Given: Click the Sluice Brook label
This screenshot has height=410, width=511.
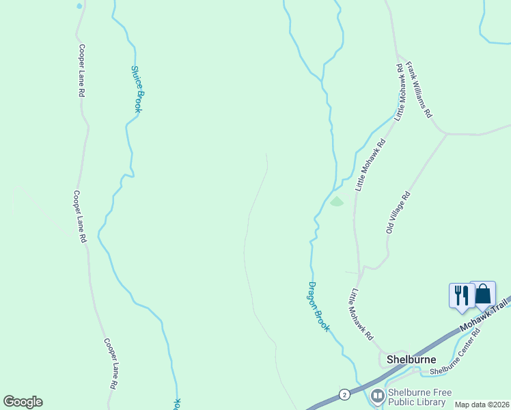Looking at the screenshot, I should click(x=136, y=89).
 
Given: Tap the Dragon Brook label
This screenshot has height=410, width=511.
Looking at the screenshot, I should click(x=318, y=307).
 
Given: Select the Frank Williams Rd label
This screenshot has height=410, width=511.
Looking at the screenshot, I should click(x=419, y=90).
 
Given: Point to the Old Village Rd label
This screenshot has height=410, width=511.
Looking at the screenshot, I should click(x=398, y=213).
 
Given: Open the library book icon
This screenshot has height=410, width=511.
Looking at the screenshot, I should click(x=377, y=396).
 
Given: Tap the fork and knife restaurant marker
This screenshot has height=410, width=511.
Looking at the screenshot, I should click(x=460, y=295).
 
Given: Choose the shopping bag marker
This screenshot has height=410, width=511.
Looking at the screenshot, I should click(x=483, y=294).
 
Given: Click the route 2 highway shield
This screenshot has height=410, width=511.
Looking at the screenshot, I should click(x=344, y=394).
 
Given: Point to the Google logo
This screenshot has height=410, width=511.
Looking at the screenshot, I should click(x=23, y=402).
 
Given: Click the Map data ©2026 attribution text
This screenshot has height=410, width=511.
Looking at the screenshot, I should click(x=482, y=405).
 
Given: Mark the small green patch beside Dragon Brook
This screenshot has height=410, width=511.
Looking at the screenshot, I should click(x=336, y=202).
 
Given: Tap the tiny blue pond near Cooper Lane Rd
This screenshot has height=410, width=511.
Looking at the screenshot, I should click(x=79, y=6).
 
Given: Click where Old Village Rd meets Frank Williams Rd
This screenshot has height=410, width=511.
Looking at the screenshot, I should click(x=447, y=134).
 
